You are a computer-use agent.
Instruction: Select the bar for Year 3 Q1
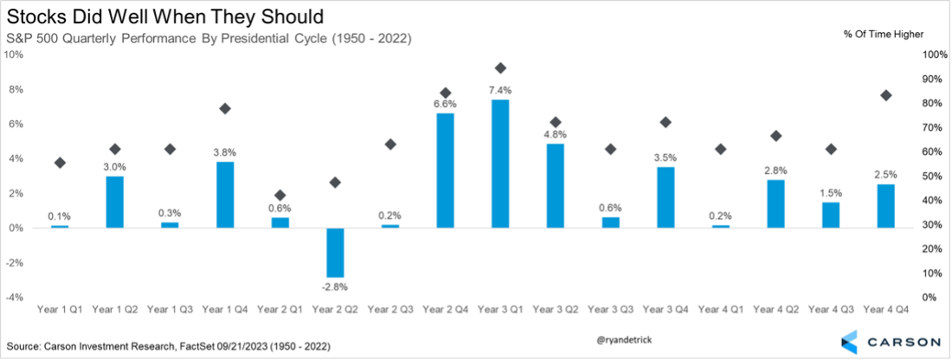pyautogui.click(x=500, y=164)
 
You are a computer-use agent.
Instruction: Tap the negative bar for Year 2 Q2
pyautogui.click(x=334, y=252)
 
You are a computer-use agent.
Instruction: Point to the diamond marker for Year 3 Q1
pyautogui.click(x=500, y=68)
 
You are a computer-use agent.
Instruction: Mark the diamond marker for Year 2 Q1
pyautogui.click(x=279, y=196)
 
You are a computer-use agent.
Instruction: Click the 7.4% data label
pyautogui.click(x=500, y=90)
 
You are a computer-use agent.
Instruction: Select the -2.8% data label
pyautogui.click(x=334, y=286)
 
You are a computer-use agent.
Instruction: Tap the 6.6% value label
pyautogui.click(x=445, y=104)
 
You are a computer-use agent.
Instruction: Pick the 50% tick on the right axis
pyautogui.click(x=934, y=177)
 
